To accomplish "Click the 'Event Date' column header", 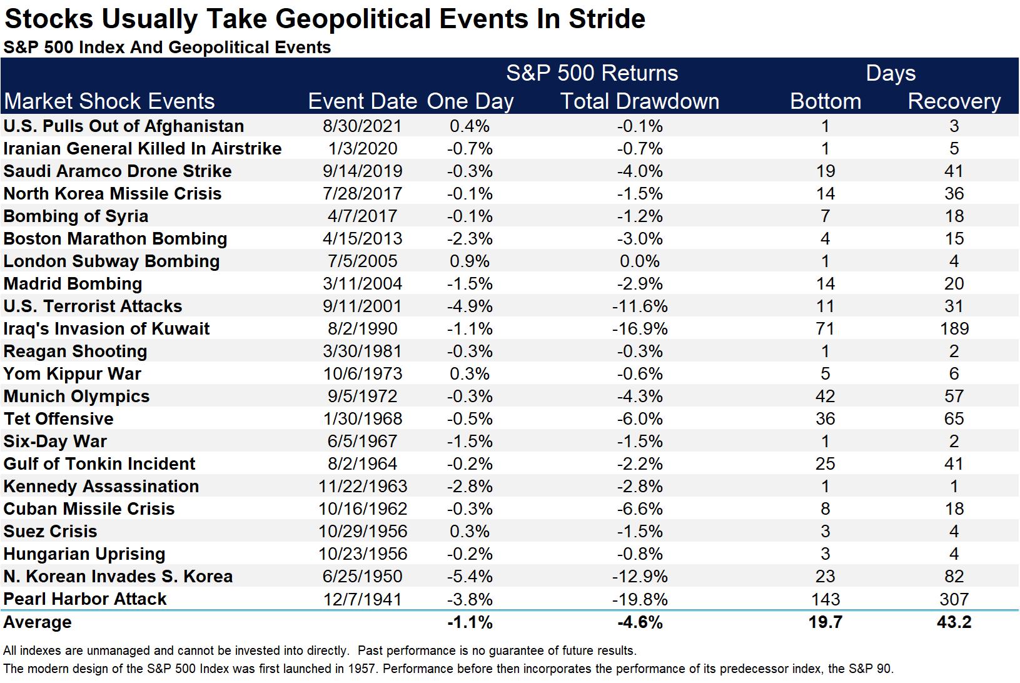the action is (363, 101).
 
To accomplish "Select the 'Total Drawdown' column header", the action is (640, 101).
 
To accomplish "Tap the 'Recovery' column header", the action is (954, 102).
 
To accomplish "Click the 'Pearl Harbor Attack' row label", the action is (85, 599).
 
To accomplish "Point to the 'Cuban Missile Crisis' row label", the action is (89, 508).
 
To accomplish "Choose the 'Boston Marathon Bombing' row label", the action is (115, 239).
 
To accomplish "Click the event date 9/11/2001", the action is (363, 306).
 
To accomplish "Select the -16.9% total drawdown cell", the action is (640, 329).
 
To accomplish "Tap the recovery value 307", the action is (954, 599).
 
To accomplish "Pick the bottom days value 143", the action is (826, 599).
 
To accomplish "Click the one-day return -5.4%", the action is (470, 577).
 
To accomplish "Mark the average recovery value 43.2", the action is (954, 622).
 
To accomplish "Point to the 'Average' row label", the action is (38, 622).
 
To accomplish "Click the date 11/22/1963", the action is (363, 487).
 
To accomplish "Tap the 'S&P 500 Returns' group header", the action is (592, 73).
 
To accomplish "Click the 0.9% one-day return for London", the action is (470, 261).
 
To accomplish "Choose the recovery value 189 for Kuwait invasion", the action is (954, 329).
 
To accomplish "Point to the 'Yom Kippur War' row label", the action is (73, 374).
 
